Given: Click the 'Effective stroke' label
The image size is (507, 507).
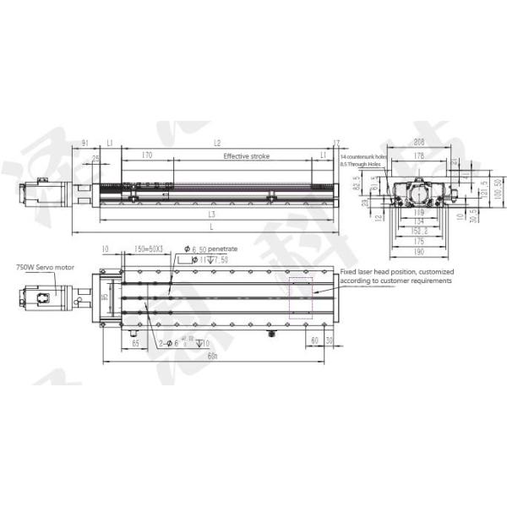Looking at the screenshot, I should point(246,157).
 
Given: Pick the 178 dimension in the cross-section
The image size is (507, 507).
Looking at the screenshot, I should point(415,156).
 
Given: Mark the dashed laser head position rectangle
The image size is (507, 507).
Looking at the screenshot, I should point(300,297).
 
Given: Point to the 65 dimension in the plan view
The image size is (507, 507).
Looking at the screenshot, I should point(135,341).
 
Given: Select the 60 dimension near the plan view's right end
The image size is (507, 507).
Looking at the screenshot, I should point(313,341).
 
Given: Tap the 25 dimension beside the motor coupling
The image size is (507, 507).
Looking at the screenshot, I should point(95,158).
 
